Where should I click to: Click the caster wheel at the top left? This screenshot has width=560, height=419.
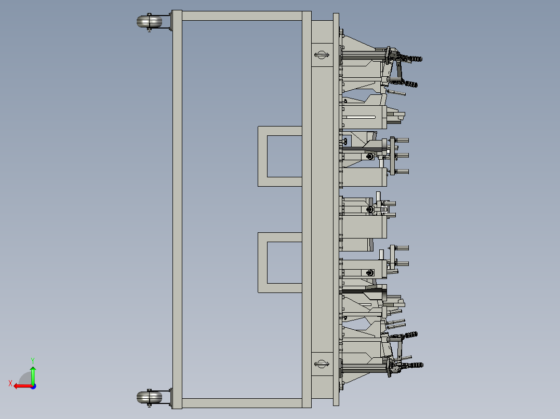click(149, 22)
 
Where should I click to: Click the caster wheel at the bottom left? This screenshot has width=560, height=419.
click(149, 398)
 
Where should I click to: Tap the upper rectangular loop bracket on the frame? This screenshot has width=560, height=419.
click(262, 156)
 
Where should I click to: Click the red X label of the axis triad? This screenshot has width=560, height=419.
click(10, 383)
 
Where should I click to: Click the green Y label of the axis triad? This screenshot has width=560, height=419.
click(32, 359)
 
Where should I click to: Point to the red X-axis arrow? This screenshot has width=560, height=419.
click(21, 386)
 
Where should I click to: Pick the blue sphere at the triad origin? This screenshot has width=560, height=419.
click(33, 386)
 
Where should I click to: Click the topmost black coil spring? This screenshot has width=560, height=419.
click(415, 59)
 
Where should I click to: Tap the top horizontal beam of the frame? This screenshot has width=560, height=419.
click(242, 16)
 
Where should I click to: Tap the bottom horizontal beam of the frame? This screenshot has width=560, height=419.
click(242, 403)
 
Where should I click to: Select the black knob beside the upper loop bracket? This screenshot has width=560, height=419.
click(345, 141)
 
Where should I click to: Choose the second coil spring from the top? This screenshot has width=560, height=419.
click(410, 83)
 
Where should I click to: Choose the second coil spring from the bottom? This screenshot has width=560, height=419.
click(410, 335)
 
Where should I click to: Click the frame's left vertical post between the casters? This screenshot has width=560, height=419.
click(177, 207)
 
